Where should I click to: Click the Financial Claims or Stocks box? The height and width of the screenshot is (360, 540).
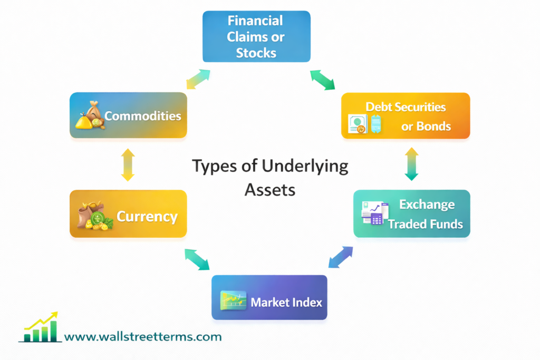[x=257, y=36]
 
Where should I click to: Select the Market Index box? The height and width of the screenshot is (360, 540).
[x=269, y=297]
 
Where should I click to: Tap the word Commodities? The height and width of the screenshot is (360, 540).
[x=142, y=116]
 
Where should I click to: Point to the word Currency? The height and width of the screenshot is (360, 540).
[x=147, y=216]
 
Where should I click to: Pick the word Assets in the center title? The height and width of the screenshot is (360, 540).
[x=269, y=189]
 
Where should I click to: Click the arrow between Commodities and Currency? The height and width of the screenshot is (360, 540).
[x=128, y=164]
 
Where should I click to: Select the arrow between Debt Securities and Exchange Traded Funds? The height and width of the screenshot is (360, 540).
[x=411, y=164]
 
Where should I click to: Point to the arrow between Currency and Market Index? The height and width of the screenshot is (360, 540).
[x=197, y=259]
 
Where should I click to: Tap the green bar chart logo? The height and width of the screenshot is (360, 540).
[x=40, y=329]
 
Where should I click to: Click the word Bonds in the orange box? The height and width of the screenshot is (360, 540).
[x=433, y=127]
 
